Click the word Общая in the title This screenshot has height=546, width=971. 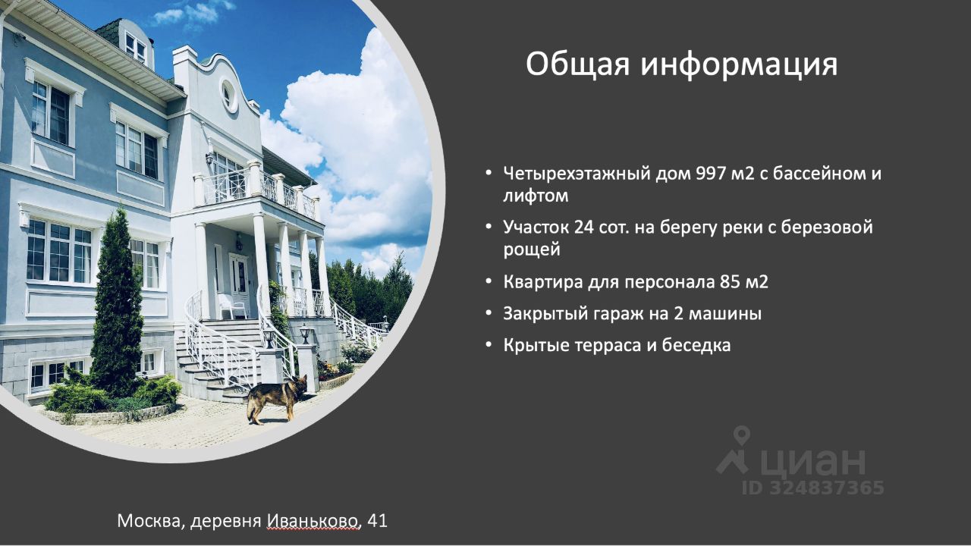(577, 65)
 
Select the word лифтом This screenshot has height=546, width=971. (536, 196)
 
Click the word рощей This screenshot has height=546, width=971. (532, 250)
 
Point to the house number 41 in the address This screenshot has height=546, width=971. (377, 521)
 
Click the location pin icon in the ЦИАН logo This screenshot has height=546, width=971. (742, 435)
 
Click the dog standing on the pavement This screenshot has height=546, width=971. (277, 399)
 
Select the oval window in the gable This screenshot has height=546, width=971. (227, 96)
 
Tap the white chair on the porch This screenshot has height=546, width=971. (231, 305)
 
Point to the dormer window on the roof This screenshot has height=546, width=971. (135, 44)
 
